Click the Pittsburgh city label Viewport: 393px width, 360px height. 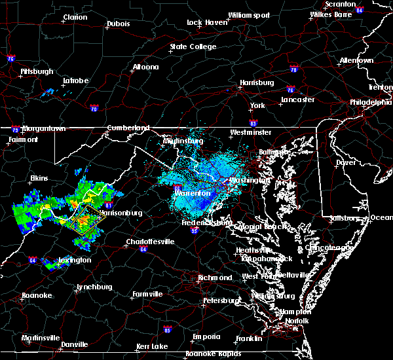click(37, 71)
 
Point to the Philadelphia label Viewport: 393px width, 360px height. click(371, 102)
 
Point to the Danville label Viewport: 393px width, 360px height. click(75, 344)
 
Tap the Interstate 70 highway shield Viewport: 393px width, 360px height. click(94, 108)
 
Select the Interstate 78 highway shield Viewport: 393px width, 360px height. click(293, 69)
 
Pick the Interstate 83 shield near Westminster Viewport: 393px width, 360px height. click(253, 122)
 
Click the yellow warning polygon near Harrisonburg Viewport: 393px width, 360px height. click(84, 222)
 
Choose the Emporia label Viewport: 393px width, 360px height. click(206, 336)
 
